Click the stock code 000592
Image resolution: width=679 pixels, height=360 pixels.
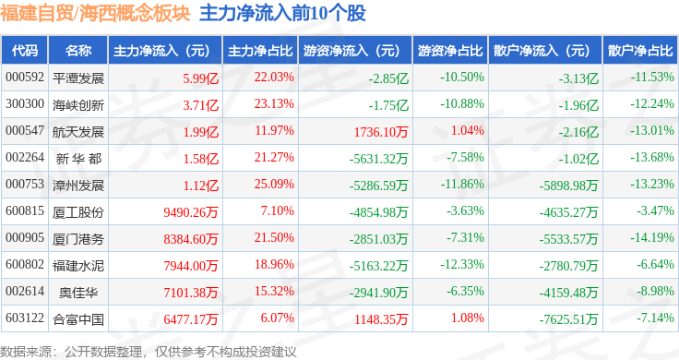click(x=25, y=78)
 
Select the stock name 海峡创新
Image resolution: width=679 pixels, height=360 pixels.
click(x=78, y=105)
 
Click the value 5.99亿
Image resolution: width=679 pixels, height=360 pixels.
click(x=200, y=78)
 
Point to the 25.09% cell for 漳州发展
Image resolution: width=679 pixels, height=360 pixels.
click(x=274, y=184)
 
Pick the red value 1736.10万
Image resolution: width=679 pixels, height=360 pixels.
click(x=381, y=132)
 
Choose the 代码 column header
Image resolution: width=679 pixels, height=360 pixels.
click(x=25, y=51)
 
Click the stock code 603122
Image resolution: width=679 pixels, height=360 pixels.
click(x=25, y=318)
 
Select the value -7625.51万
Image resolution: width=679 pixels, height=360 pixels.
click(x=568, y=319)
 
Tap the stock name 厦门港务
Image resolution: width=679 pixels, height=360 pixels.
click(x=78, y=239)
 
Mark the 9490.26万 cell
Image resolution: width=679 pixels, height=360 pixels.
click(x=191, y=212)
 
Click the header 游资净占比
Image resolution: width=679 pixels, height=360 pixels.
click(x=450, y=51)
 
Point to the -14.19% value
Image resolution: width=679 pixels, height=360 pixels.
click(x=652, y=238)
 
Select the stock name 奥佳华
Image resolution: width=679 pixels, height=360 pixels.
click(x=78, y=293)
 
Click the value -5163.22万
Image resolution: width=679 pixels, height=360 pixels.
click(x=378, y=266)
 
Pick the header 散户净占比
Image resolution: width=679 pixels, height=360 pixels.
click(x=640, y=51)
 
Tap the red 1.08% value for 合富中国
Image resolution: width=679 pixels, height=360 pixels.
click(x=467, y=318)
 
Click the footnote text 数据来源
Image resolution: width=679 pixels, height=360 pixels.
click(x=26, y=352)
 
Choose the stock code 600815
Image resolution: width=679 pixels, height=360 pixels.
click(x=25, y=211)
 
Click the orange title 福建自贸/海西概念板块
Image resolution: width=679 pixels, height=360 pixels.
click(x=95, y=14)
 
